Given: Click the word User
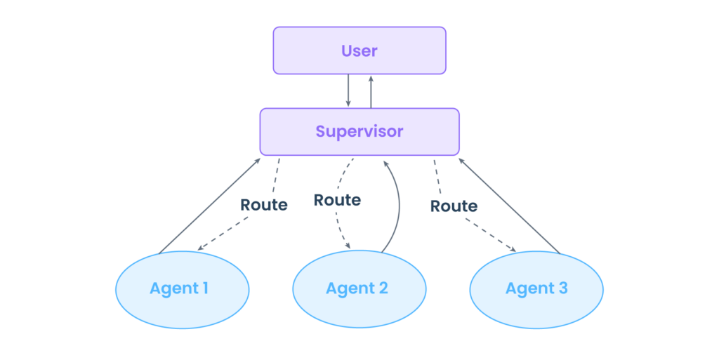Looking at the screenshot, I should pyautogui.click(x=359, y=51).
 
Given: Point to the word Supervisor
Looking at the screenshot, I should pyautogui.click(x=359, y=132).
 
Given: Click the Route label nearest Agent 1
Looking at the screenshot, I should pyautogui.click(x=264, y=206).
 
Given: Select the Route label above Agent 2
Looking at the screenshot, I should pyautogui.click(x=337, y=200).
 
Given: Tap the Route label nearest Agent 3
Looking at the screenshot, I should pyautogui.click(x=454, y=206).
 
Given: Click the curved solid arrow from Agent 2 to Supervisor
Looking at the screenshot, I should pyautogui.click(x=399, y=204).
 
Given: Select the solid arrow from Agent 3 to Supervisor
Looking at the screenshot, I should pyautogui.click(x=508, y=204).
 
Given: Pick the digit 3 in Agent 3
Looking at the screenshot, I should pyautogui.click(x=562, y=288).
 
